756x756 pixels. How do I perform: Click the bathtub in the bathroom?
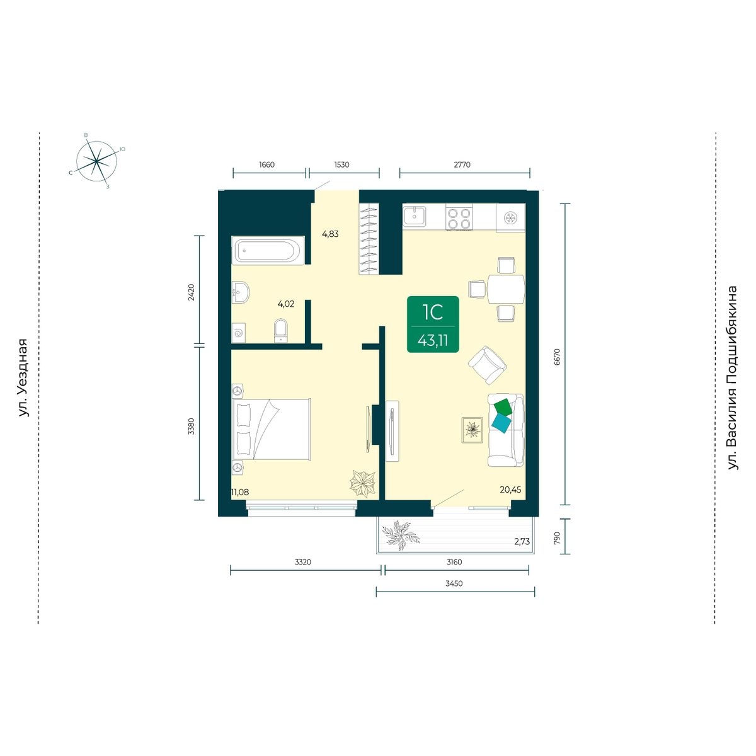click(x=268, y=250)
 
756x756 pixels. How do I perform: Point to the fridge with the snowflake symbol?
click(x=510, y=218)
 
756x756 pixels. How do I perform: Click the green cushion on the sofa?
click(x=504, y=407)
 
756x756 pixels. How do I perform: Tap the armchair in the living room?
click(x=487, y=365)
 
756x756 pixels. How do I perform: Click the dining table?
click(x=506, y=289)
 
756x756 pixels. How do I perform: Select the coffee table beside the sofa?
click(x=472, y=430)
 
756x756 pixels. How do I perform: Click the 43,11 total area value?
click(x=433, y=341)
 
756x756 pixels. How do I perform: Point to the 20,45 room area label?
click(x=510, y=490)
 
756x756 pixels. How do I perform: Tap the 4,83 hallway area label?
click(x=330, y=234)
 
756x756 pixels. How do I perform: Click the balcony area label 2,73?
click(x=522, y=542)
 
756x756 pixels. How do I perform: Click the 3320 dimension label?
click(x=303, y=562)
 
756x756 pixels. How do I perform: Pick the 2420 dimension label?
click(x=191, y=292)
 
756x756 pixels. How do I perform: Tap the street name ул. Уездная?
click(x=23, y=378)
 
